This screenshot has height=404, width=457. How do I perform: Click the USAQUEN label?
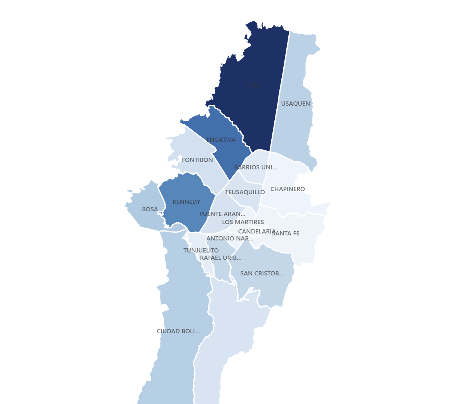pyautogui.click(x=295, y=104)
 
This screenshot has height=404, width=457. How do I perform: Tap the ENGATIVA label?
pyautogui.click(x=221, y=140)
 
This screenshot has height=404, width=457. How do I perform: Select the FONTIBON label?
pyautogui.click(x=197, y=160)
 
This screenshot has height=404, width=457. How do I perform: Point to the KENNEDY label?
pyautogui.click(x=187, y=202)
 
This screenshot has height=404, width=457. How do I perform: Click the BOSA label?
pyautogui.click(x=150, y=209)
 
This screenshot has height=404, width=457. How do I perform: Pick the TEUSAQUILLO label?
pyautogui.click(x=245, y=192)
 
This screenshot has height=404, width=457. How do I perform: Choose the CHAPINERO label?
pyautogui.click(x=288, y=189)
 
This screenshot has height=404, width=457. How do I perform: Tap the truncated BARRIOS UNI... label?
pyautogui.click(x=255, y=167)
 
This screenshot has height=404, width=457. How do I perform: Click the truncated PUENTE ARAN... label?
pyautogui.click(x=222, y=214)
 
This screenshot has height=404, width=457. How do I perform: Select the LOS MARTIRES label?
pyautogui.click(x=243, y=222)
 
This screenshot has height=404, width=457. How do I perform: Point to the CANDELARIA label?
pyautogui.click(x=256, y=232)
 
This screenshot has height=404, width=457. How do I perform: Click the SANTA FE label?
pyautogui.click(x=286, y=233)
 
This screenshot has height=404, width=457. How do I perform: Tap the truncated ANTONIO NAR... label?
pyautogui.click(x=230, y=239)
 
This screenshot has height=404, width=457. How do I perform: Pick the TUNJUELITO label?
pyautogui.click(x=201, y=251)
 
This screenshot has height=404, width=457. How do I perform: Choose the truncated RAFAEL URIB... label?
pyautogui.click(x=221, y=258)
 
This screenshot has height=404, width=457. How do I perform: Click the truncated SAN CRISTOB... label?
pyautogui.click(x=262, y=273)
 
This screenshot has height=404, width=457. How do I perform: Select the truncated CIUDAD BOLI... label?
pyautogui.click(x=178, y=331)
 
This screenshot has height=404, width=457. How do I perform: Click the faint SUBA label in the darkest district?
pyautogui.click(x=253, y=85)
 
